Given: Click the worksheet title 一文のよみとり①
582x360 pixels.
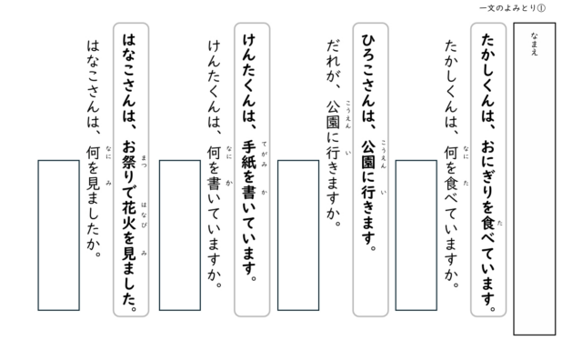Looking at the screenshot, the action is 512,8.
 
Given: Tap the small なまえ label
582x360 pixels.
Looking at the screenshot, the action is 534,45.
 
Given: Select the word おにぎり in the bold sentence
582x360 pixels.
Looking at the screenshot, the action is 488,170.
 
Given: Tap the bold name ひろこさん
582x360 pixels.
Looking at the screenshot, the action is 368,71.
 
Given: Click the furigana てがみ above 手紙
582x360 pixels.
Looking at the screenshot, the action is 265,154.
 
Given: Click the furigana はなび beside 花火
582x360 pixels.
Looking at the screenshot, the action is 144,215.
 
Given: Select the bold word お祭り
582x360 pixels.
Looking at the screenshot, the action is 129,162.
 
